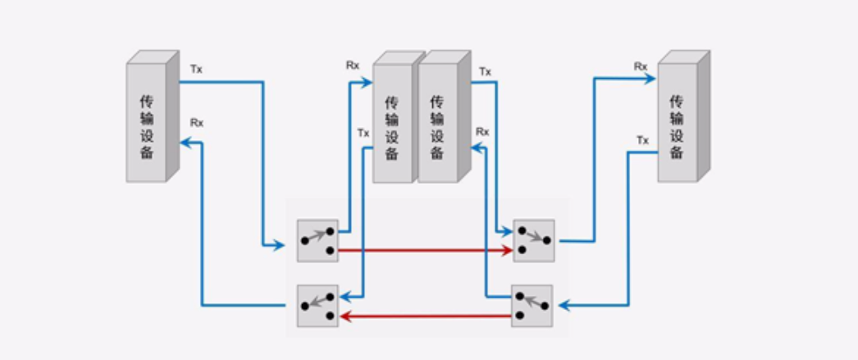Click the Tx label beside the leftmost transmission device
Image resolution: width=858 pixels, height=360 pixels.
click(x=196, y=69)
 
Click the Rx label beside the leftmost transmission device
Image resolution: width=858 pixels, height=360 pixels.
click(x=197, y=123)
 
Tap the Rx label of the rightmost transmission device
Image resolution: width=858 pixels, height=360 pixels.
click(x=641, y=66)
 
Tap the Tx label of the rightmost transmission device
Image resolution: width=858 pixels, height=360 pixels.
click(x=643, y=140)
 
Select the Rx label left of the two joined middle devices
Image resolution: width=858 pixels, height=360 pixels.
click(x=353, y=64)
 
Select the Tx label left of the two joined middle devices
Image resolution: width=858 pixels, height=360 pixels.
click(x=363, y=132)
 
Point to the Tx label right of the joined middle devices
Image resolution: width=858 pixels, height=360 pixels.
click(x=485, y=71)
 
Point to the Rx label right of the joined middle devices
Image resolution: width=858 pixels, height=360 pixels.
click(x=483, y=131)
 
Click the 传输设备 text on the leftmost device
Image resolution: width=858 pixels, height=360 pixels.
click(x=147, y=127)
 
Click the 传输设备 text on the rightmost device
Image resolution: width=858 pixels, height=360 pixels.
click(x=677, y=127)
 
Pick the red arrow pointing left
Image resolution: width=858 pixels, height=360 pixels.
click(x=425, y=314)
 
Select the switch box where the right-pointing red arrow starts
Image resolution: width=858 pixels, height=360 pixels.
click(x=317, y=241)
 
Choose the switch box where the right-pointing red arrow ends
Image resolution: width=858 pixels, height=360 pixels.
click(x=534, y=241)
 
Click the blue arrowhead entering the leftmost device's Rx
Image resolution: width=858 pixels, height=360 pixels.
click(x=187, y=143)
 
